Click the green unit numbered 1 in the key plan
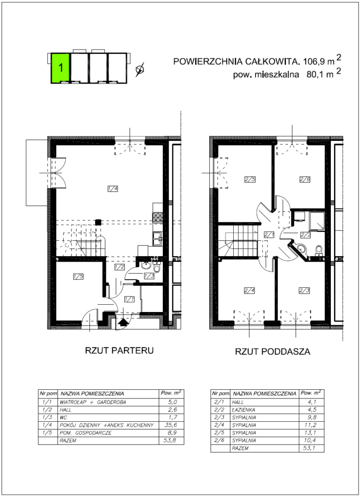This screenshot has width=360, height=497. coord(60,68)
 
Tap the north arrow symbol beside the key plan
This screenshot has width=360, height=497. coord(139,69)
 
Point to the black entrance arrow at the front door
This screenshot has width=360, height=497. coord(122,322)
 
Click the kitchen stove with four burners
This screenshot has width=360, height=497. coord(158,217)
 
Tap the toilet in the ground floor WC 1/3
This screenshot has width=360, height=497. coord(157,268)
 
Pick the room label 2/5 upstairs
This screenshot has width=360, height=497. coord(250,180)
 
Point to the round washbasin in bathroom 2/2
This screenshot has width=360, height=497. coord(301,249)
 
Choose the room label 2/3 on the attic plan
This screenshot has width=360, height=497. coord(304,290)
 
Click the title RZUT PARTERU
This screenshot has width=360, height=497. coord(119,350)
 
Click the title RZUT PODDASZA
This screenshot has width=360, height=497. coord(273,351)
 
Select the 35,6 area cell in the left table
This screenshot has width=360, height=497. coord(171,425)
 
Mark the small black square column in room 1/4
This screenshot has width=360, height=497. coord(99,222)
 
